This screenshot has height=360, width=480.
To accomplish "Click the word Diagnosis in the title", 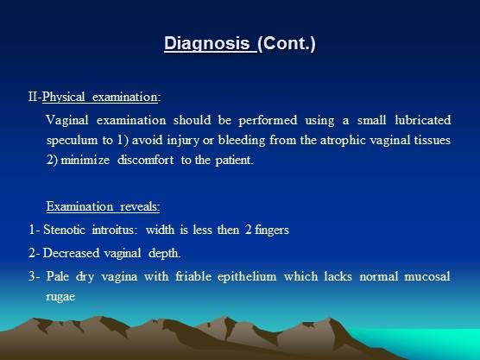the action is [207, 43].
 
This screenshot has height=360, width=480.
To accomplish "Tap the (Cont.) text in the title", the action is [287, 43].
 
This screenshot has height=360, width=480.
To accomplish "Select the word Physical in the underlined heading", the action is [63, 97].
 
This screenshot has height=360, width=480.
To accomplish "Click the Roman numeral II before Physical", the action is [33, 97].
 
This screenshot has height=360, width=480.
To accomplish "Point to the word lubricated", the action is [423, 120].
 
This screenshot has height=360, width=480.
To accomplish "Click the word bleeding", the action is [242, 141].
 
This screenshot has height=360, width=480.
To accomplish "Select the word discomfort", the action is [145, 160].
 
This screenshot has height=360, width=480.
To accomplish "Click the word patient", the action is [234, 161].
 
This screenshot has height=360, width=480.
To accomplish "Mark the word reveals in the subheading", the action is [140, 206].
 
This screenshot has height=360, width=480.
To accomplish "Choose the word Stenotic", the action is [64, 230].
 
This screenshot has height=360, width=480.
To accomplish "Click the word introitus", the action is [113, 230].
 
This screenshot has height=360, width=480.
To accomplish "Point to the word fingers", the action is [272, 230].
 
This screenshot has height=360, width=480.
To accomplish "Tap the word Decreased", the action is [71, 253].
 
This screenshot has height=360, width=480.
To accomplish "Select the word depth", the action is [164, 254].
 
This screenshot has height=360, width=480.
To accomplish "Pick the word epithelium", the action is [247, 277].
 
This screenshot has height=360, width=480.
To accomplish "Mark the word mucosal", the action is [427, 276].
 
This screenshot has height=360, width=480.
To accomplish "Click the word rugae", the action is [60, 297].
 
